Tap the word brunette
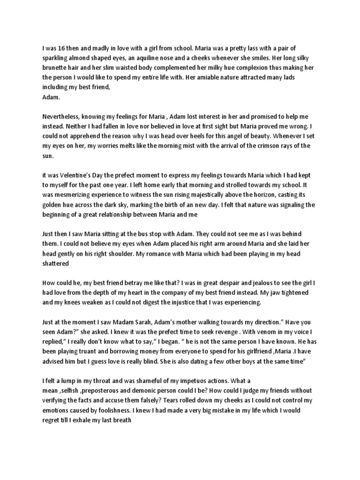(56, 67)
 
